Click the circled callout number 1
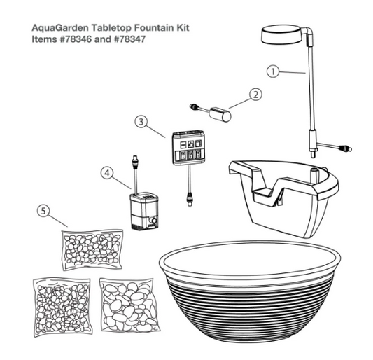[273, 71]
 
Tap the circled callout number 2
[255, 95]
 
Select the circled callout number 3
[141, 122]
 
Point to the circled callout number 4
[107, 173]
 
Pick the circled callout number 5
[43, 211]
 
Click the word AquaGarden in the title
[60, 28]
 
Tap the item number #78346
[76, 39]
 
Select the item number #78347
[129, 39]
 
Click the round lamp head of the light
[281, 36]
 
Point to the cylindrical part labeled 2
[220, 114]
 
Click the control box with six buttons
[188, 147]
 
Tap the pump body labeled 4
[144, 211]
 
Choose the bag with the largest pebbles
[129, 305]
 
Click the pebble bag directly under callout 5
[92, 250]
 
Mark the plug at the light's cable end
[345, 148]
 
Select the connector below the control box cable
[190, 199]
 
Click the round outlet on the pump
[154, 220]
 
